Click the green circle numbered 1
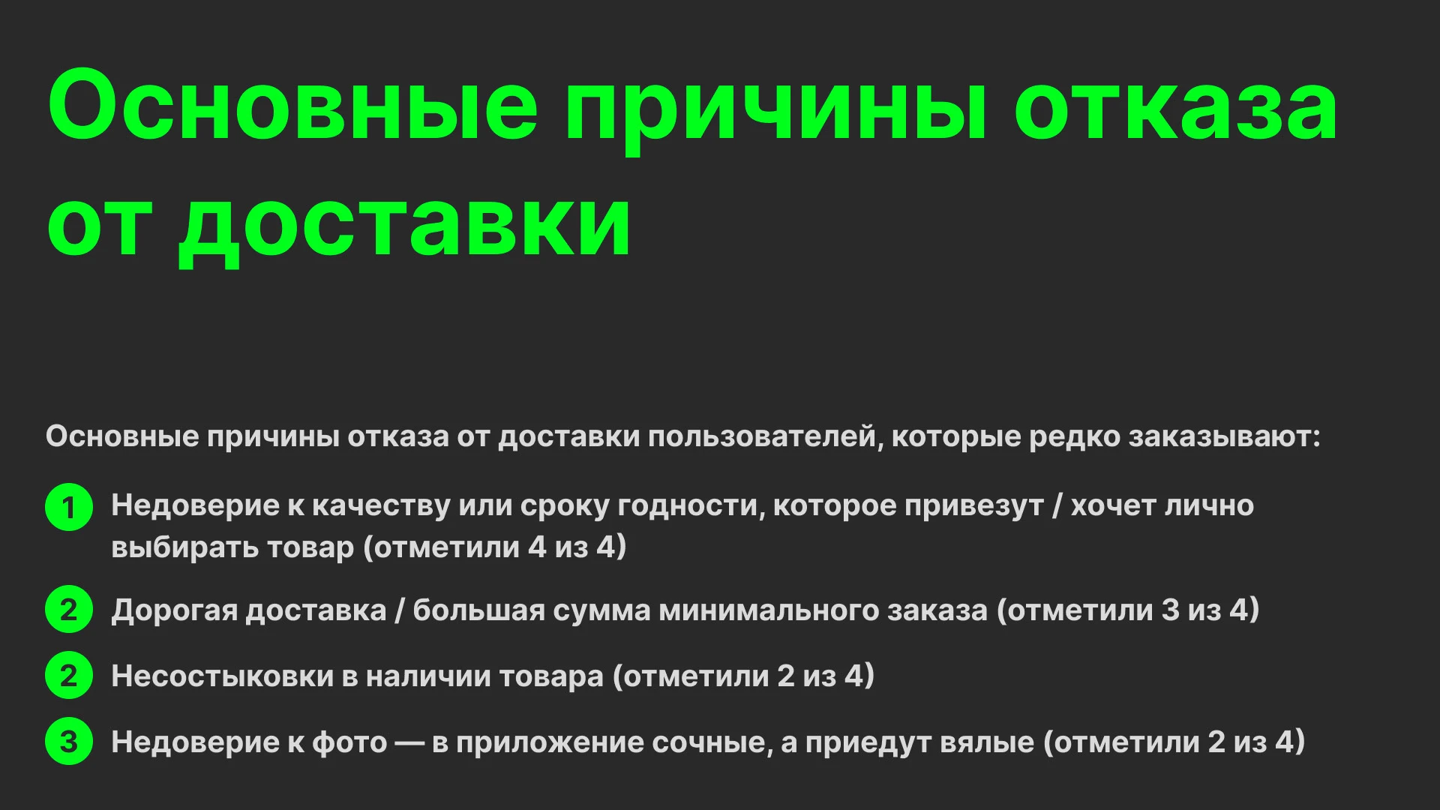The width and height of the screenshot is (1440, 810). [x=69, y=508]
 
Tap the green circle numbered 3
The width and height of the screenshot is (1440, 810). [x=69, y=742]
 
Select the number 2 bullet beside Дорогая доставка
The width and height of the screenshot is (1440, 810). [x=69, y=610]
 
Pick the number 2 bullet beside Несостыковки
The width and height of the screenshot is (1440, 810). [x=69, y=676]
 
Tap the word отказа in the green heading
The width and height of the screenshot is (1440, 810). [x=1175, y=107]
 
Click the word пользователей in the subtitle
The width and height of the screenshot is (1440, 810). [x=762, y=436]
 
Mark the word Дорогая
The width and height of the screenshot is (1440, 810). [x=175, y=610]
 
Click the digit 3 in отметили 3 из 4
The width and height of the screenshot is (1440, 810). [x=1170, y=610]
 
